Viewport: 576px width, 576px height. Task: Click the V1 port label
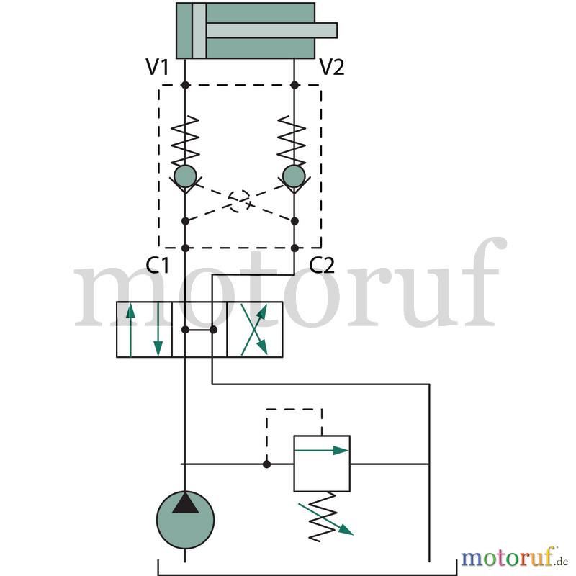157,67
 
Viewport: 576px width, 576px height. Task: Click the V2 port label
332,67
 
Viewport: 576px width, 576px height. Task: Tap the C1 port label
157,265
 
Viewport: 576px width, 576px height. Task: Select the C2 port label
322,265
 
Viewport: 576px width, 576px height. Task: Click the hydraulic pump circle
185,520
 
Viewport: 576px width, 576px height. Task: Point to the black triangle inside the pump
185,503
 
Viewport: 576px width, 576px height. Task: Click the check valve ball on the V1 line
185,176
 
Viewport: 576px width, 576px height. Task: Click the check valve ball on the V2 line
294,176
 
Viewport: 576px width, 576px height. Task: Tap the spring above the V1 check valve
185,140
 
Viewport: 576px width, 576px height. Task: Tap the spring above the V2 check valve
292,140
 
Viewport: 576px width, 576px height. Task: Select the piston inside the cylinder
199,30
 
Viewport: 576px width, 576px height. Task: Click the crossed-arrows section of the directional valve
255,330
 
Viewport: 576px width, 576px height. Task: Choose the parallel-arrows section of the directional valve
144,330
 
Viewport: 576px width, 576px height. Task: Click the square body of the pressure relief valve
322,464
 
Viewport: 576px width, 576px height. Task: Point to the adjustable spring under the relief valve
323,517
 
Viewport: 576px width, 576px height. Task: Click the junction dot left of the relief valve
266,464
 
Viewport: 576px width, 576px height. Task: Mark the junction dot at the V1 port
185,85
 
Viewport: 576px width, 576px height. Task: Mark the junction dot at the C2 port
294,248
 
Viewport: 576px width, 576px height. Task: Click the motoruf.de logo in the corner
514,557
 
